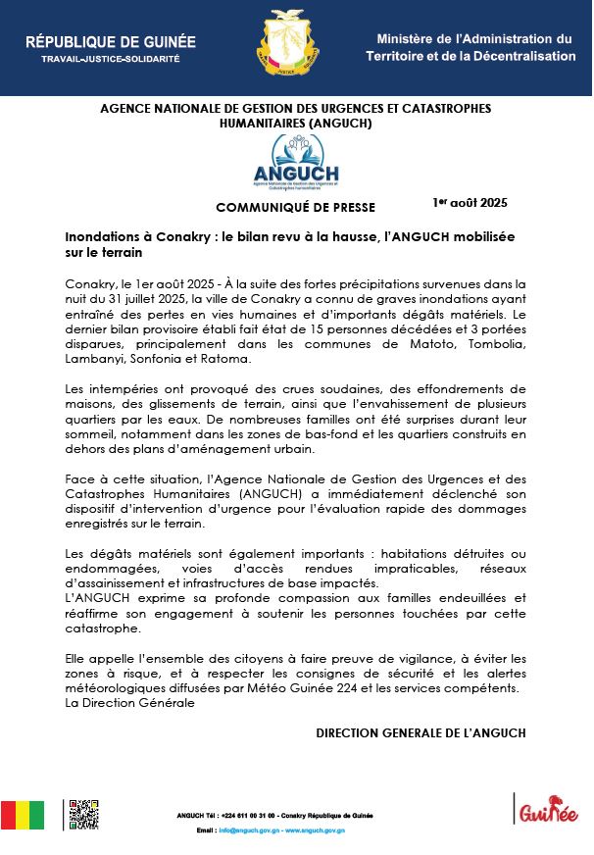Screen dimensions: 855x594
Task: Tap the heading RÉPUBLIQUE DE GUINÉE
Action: pos(110,42)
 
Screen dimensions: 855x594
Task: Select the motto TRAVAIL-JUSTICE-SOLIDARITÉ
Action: pos(110,60)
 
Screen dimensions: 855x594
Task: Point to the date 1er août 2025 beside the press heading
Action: pos(470,203)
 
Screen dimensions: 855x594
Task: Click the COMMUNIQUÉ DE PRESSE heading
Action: pos(295,207)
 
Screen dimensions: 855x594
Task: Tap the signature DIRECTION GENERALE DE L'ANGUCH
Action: pos(421,732)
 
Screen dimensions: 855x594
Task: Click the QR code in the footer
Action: pos(83,815)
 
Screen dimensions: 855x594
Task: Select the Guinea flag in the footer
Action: pos(22,815)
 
